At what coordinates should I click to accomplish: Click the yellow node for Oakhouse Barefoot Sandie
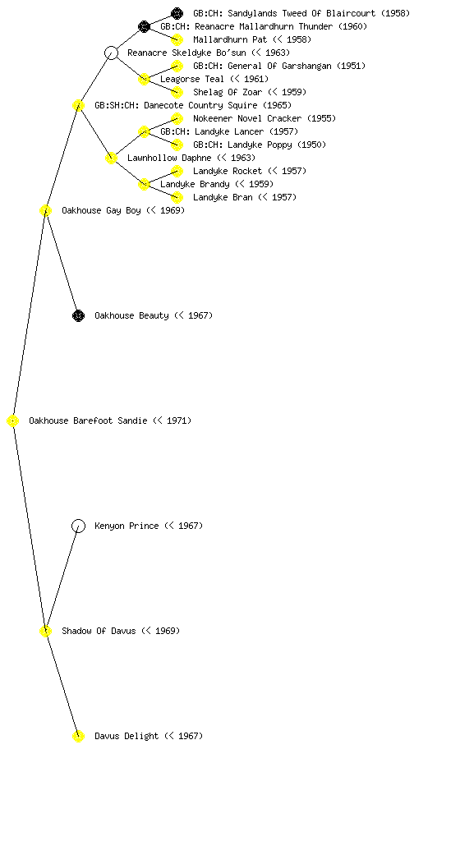(13, 421)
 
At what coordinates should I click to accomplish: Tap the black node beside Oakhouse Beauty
(78, 316)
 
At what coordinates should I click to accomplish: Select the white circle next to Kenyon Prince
(78, 526)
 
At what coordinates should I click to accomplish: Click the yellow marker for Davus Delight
(78, 737)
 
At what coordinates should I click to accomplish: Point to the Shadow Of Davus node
(45, 632)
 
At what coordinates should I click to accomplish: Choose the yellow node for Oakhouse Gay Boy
(45, 211)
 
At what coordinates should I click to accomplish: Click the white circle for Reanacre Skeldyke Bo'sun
(111, 53)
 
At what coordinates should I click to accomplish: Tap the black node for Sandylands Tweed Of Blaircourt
(177, 13)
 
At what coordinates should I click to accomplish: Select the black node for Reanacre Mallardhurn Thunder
(144, 26)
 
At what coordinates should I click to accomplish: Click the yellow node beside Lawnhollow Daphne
(111, 159)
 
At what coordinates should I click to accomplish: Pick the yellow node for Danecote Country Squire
(78, 106)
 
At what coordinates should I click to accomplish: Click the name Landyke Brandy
(195, 184)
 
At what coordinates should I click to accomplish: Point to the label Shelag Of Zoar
(228, 92)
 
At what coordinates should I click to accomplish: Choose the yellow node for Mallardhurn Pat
(177, 39)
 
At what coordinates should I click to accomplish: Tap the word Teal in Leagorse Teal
(214, 79)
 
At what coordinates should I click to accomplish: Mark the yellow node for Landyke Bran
(177, 197)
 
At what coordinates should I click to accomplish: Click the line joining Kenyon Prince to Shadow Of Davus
(62, 579)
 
